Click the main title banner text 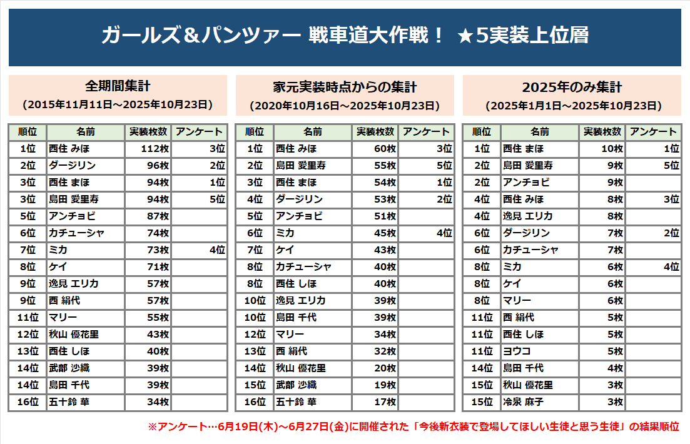tap(345, 36)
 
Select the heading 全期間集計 tap(118, 86)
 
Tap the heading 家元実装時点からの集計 tap(345, 86)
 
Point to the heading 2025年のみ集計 tap(572, 86)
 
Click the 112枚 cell tap(148, 149)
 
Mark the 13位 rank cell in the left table tap(28, 351)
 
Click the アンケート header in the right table tap(653, 132)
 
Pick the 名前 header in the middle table tap(313, 132)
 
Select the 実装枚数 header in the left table tap(148, 132)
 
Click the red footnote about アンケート tap(413, 426)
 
